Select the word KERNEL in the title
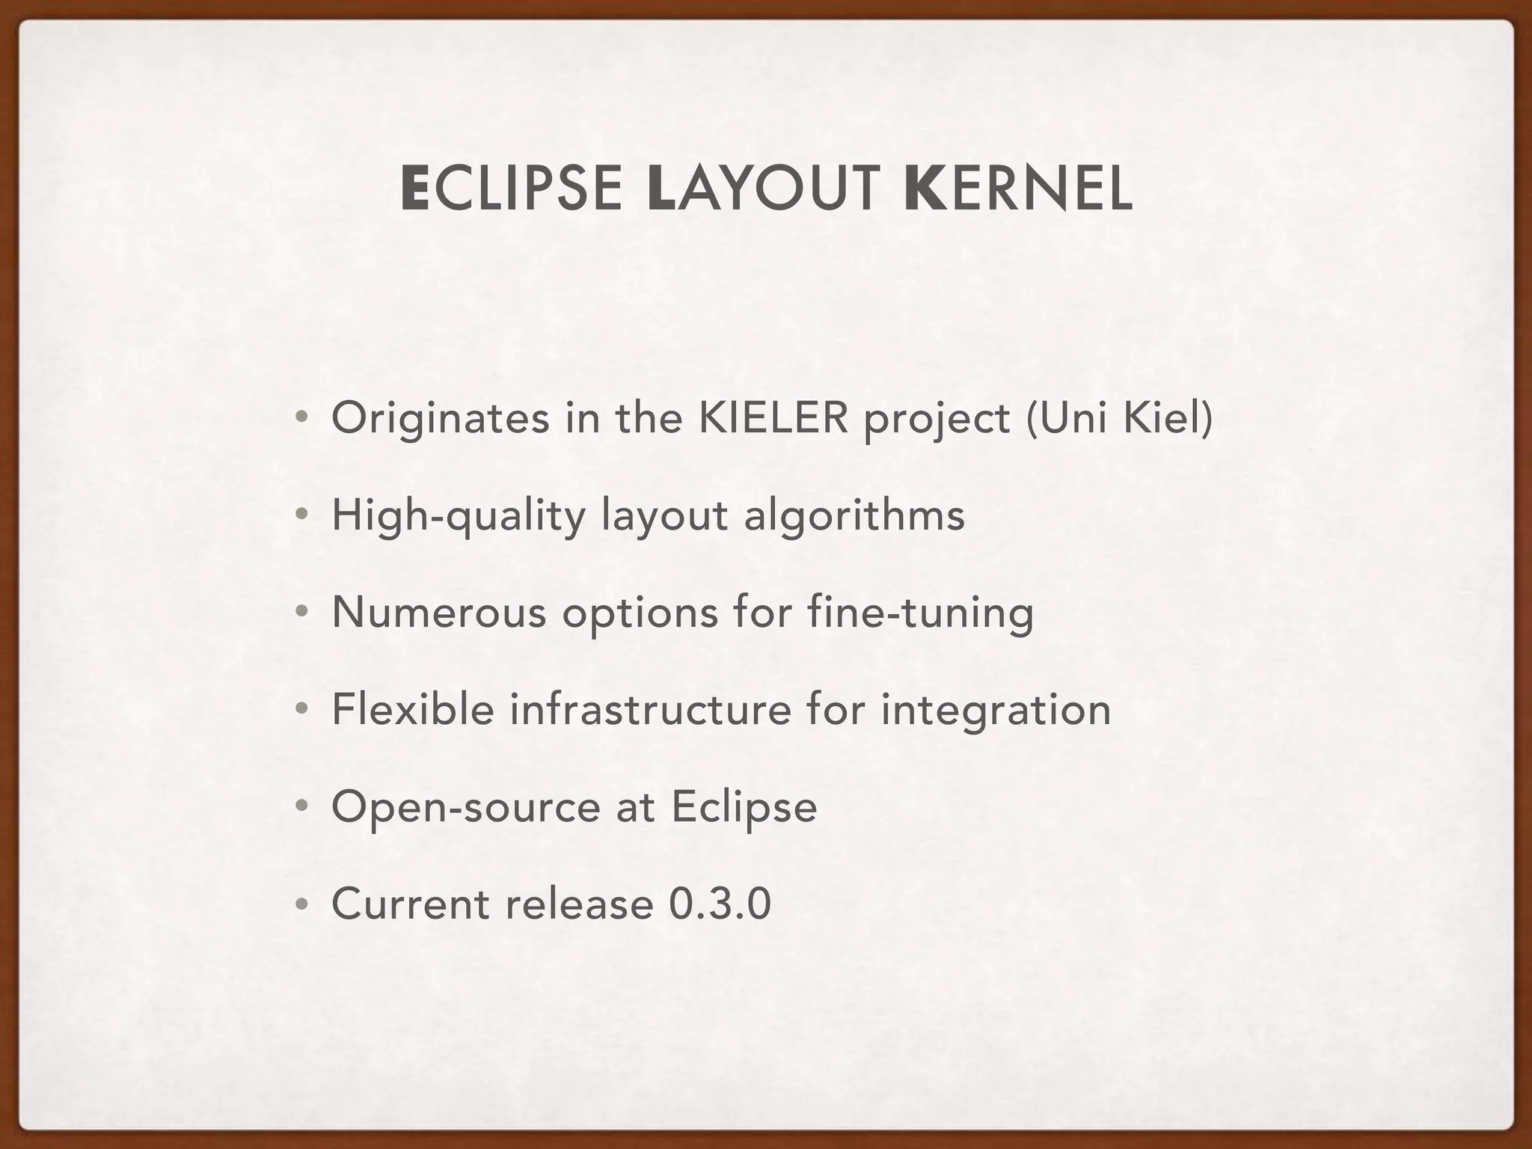click(x=1018, y=189)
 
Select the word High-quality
click(x=459, y=515)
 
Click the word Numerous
click(x=439, y=612)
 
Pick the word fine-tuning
click(x=921, y=613)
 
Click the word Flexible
click(x=413, y=709)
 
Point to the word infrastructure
click(x=650, y=709)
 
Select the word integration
click(x=996, y=711)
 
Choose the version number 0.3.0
click(x=720, y=904)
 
